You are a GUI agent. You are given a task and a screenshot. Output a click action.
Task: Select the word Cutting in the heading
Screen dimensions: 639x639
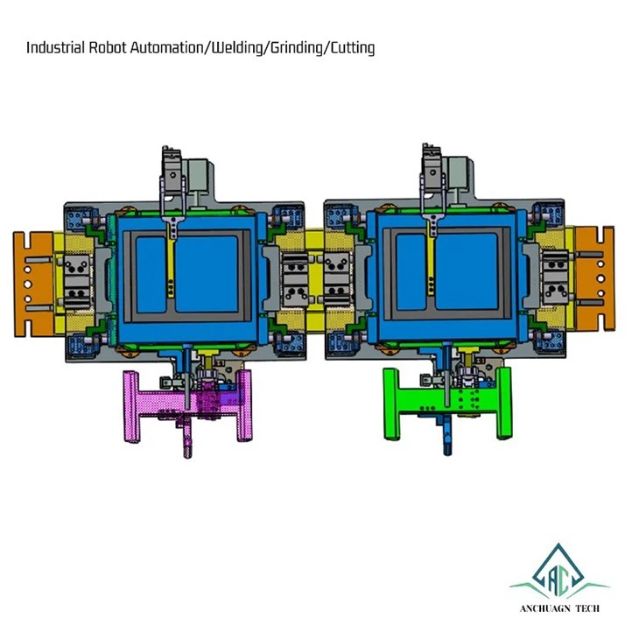(x=352, y=48)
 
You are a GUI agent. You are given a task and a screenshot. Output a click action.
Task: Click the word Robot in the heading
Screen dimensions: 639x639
(x=108, y=47)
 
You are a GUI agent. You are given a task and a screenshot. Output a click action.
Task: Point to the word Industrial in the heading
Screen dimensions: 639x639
(x=55, y=47)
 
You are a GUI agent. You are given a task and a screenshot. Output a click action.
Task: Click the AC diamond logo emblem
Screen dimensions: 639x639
(x=558, y=571)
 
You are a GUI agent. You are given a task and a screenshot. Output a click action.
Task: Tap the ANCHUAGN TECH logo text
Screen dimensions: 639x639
(x=560, y=609)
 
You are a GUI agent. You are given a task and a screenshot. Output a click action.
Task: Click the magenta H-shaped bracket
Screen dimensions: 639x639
(x=188, y=403)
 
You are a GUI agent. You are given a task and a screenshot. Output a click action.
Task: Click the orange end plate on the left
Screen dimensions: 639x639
(x=33, y=284)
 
